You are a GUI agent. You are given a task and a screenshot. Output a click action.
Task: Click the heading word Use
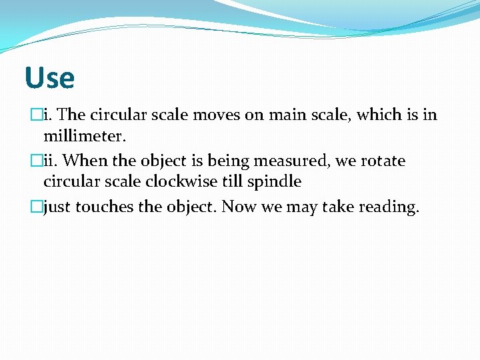click(49, 78)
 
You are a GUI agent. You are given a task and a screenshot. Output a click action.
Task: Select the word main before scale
click(288, 115)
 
